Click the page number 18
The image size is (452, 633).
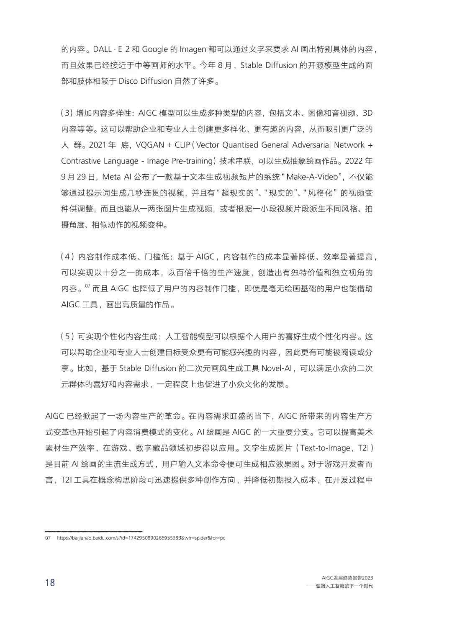pos(50,582)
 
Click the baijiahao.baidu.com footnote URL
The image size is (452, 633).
pos(141,538)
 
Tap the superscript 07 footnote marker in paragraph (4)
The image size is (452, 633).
pos(87,286)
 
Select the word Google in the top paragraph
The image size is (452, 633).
pos(155,49)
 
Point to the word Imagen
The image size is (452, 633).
pos(193,49)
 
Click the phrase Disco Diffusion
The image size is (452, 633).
pos(145,81)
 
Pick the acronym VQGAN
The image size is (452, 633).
pos(151,145)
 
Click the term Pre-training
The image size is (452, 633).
pos(193,161)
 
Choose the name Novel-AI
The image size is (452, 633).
pos(279,368)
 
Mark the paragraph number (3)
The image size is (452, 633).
pos(67,113)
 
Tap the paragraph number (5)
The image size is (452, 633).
pos(67,337)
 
